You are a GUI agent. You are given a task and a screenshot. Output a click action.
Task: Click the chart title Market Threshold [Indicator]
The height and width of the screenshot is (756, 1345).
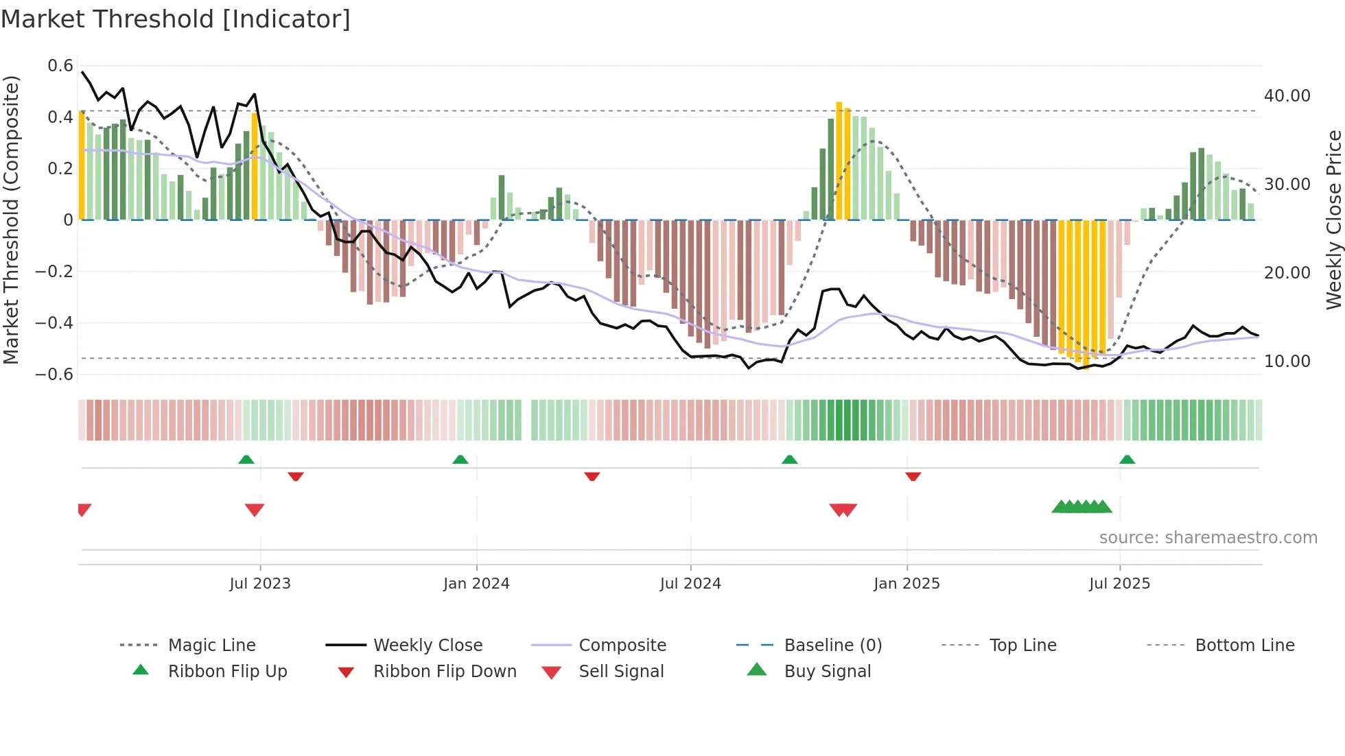point(176,19)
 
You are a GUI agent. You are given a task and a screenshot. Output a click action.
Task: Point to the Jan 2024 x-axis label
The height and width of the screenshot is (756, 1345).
point(476,583)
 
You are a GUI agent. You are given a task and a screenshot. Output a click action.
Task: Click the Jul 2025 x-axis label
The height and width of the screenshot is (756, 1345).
point(1119,583)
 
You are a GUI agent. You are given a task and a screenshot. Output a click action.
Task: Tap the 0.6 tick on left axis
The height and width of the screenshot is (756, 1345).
point(60,66)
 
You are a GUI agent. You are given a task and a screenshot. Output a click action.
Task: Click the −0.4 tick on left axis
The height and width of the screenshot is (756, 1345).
point(54,322)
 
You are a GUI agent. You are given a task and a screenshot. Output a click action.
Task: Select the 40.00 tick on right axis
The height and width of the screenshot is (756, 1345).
point(1287,95)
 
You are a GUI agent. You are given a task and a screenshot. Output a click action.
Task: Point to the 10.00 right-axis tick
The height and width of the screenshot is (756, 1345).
point(1287,361)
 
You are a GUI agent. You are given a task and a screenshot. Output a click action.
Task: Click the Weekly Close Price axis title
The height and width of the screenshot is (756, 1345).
point(1333,220)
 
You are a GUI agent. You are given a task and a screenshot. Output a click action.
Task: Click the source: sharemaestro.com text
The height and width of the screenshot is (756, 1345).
point(1208,537)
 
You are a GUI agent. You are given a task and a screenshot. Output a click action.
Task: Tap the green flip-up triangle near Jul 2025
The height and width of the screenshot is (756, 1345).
point(1127,460)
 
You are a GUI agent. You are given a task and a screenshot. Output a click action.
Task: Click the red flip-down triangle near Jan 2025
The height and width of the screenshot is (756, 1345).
point(913,476)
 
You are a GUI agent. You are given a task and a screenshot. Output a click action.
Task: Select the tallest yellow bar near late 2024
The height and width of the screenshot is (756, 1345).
point(839,161)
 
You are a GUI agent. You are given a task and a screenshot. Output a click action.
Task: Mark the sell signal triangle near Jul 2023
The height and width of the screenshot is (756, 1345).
point(255,510)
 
